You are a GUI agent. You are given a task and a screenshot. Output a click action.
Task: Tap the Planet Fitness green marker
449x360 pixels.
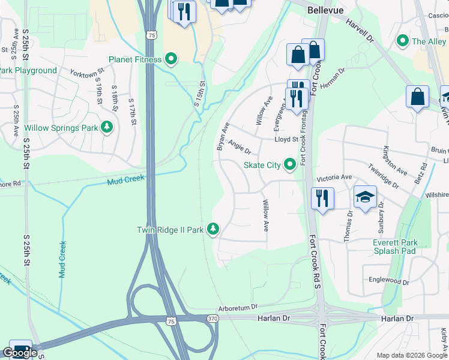pos(171,59)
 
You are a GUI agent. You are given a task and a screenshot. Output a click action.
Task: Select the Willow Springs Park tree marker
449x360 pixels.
pos(107,128)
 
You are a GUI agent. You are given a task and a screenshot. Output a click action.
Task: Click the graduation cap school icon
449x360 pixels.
pos(364,198)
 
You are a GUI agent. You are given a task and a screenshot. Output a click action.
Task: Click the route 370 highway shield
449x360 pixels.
pos(212,318)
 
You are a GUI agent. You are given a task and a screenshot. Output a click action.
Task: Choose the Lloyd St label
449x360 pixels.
pos(286,139)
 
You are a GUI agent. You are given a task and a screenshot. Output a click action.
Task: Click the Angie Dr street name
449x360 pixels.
pos(239,147)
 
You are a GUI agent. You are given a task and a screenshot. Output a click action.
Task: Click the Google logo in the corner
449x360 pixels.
pos(20,353)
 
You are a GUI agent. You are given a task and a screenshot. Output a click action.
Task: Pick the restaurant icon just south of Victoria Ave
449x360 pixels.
pos(323,198)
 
